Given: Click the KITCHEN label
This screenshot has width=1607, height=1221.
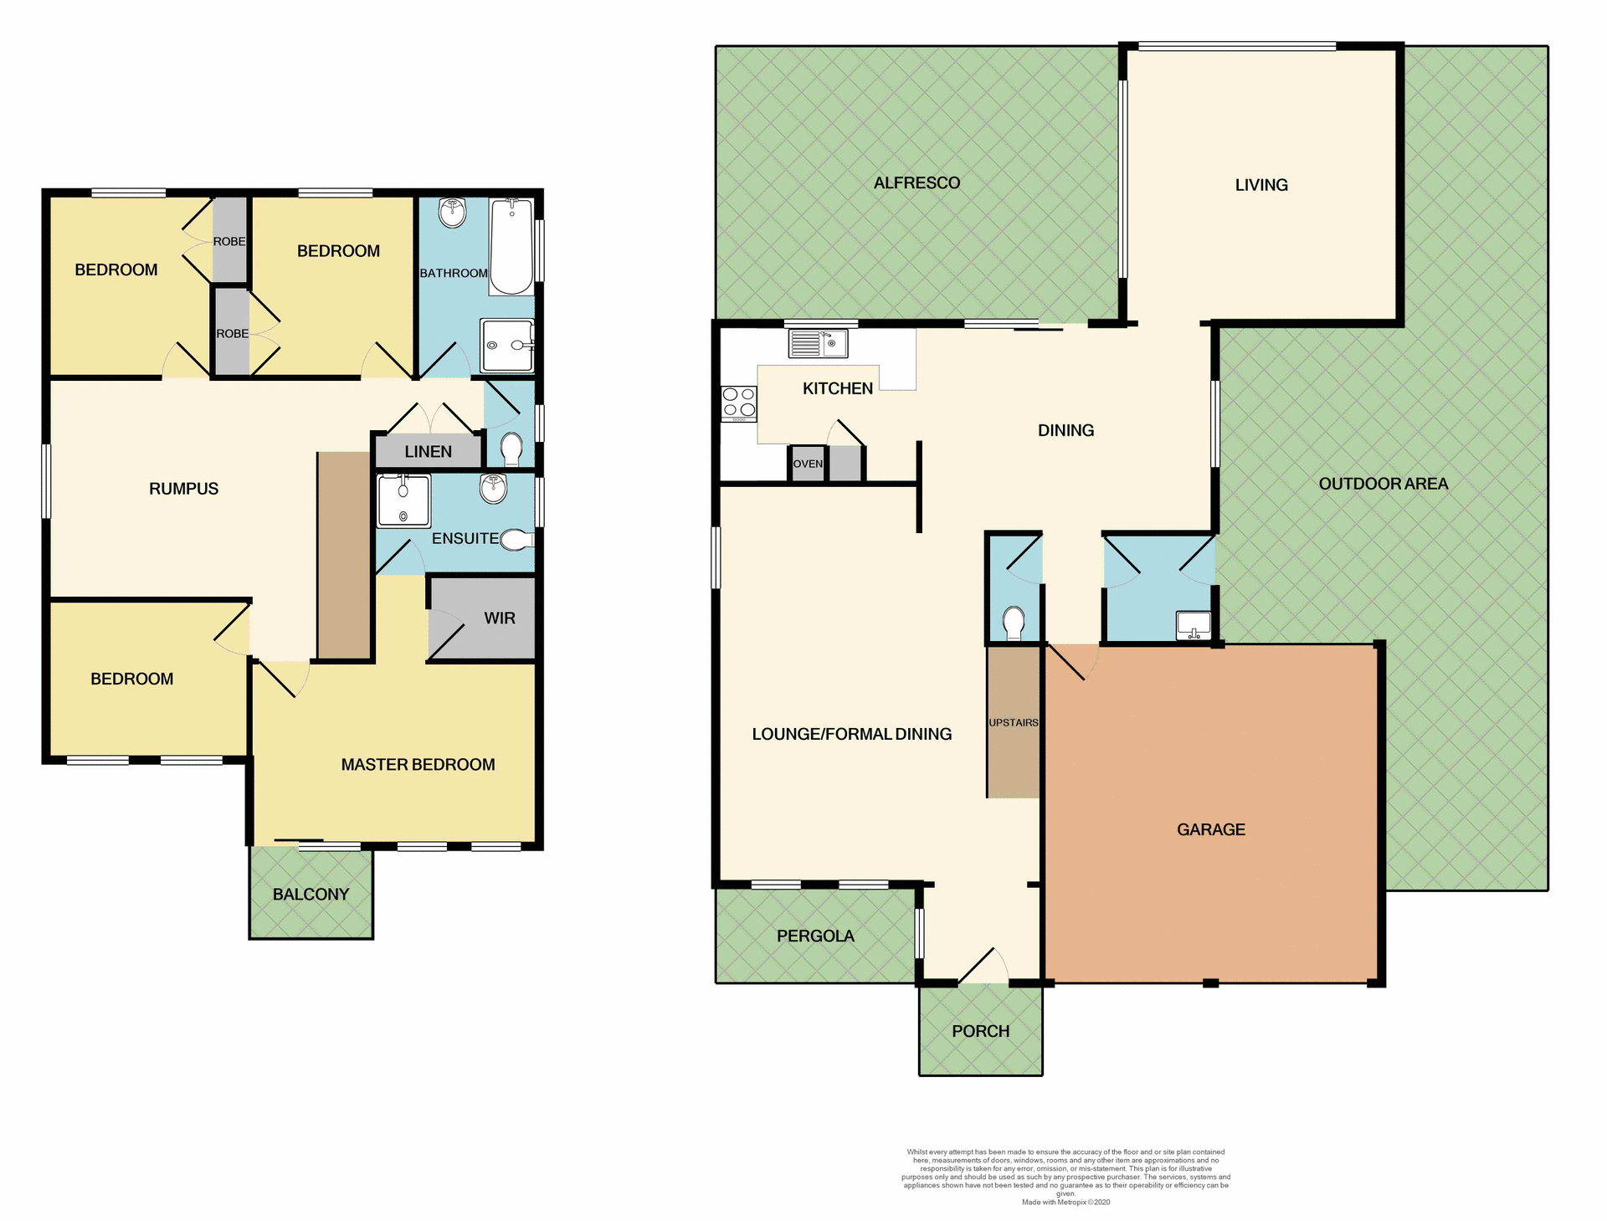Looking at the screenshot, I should pyautogui.click(x=837, y=388).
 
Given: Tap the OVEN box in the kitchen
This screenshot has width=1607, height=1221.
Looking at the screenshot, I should pyautogui.click(x=808, y=464).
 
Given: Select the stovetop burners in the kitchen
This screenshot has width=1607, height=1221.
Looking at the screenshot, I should pyautogui.click(x=739, y=402).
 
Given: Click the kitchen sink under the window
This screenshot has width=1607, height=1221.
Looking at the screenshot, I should pyautogui.click(x=818, y=343).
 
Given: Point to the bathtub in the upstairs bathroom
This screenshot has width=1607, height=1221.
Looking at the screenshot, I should pyautogui.click(x=511, y=247).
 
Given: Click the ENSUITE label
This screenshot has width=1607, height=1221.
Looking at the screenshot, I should pyautogui.click(x=465, y=538).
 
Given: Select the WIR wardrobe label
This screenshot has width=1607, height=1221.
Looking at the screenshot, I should pyautogui.click(x=499, y=618).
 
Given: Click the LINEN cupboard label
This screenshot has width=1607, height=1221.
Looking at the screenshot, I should pyautogui.click(x=428, y=452).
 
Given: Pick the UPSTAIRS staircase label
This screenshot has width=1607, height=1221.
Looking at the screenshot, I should pyautogui.click(x=1013, y=722).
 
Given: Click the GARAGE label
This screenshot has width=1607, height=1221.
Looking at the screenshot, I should pyautogui.click(x=1210, y=829).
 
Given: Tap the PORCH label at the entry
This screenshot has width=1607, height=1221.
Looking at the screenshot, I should pyautogui.click(x=980, y=1031).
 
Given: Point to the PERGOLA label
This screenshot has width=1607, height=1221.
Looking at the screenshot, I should pyautogui.click(x=815, y=936).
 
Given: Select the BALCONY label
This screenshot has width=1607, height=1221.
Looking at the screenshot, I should pyautogui.click(x=311, y=894).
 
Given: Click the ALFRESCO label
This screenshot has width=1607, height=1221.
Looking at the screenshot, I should pyautogui.click(x=916, y=182).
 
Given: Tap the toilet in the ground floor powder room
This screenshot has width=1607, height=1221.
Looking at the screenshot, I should pyautogui.click(x=1014, y=623).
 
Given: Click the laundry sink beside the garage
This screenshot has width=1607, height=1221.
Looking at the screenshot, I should pyautogui.click(x=1194, y=625).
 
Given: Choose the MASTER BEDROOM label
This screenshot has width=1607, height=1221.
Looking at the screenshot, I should pyautogui.click(x=418, y=764).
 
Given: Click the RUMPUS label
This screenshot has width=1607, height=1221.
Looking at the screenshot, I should pyautogui.click(x=183, y=489).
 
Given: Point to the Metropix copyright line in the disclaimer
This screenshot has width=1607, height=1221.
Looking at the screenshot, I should pyautogui.click(x=1065, y=1203).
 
